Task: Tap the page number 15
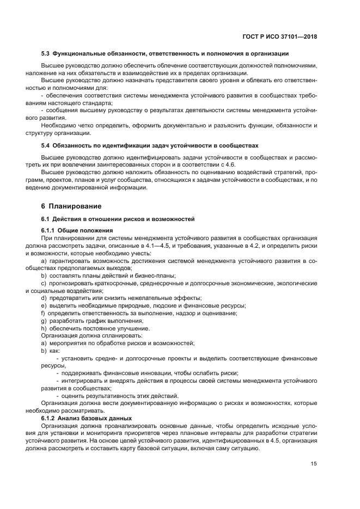[314, 464]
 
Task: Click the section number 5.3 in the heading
[46, 53]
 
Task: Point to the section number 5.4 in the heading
[46, 145]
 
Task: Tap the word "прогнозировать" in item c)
[73, 283]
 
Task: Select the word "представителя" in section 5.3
[139, 80]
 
